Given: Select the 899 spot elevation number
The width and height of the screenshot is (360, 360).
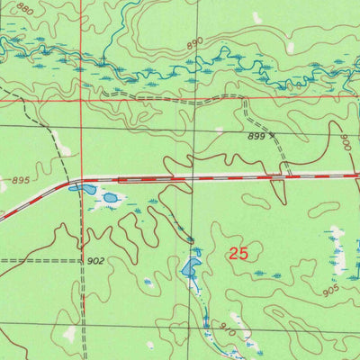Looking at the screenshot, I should click(256, 137).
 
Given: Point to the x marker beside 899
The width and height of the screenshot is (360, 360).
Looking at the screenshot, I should click(272, 137).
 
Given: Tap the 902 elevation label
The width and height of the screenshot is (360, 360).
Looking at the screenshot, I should click(96, 261).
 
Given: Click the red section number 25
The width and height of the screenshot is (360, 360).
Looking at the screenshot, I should click(238, 255).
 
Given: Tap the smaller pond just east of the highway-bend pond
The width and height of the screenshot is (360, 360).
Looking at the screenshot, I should click(111, 197).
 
